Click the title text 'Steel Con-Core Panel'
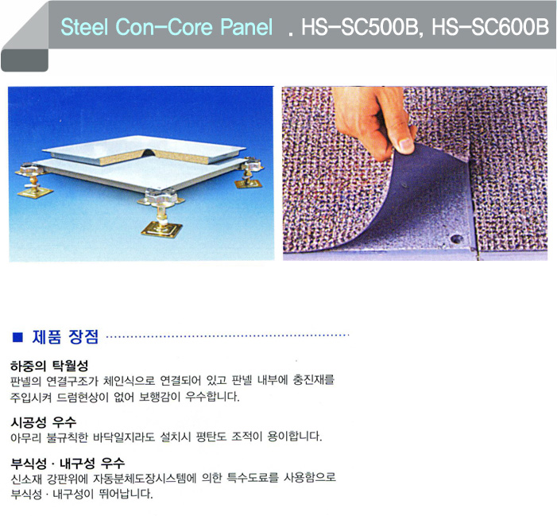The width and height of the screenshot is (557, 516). (x=167, y=27)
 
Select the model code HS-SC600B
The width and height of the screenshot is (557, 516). (x=490, y=27)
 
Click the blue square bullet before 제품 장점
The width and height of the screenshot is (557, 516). (x=17, y=337)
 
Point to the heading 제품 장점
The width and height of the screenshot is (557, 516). (x=65, y=336)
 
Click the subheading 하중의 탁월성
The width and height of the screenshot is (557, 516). (x=49, y=365)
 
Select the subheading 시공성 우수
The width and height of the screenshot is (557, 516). (x=44, y=422)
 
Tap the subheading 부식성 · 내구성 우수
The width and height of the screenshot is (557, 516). (x=68, y=463)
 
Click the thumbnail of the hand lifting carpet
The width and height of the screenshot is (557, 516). (x=415, y=173)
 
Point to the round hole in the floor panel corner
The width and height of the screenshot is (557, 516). (x=456, y=239)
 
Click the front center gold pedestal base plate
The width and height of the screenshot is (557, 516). (x=161, y=229)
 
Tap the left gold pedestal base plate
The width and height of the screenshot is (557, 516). (x=35, y=192)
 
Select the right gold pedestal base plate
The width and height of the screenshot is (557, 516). (x=248, y=184)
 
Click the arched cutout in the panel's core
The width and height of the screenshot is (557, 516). (x=148, y=153)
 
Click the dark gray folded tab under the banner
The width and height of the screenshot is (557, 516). (x=24, y=60)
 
